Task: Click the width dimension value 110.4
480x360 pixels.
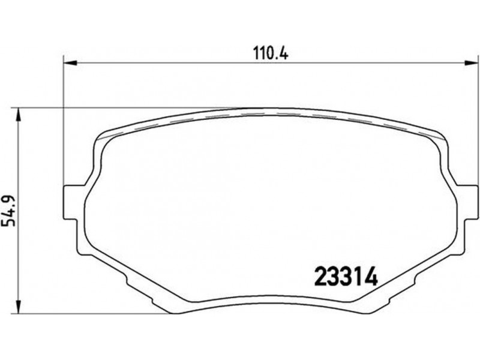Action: coord(271,53)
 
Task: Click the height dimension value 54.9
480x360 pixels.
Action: coord(8,210)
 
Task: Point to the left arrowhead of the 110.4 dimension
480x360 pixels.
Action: coord(69,63)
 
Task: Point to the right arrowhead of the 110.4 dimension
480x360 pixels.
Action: coord(472,63)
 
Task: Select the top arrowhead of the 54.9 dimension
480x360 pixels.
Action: coord(19,114)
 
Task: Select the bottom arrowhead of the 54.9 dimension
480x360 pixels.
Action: coord(19,307)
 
